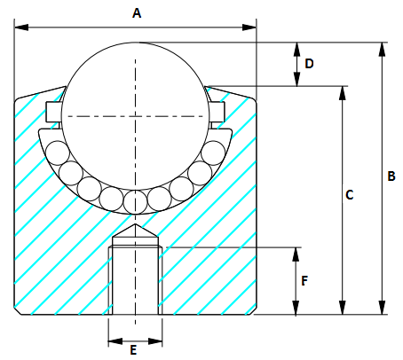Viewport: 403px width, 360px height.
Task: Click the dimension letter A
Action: tap(136, 12)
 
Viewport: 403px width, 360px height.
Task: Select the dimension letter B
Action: tap(391, 176)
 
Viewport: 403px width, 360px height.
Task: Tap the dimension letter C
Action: tap(349, 194)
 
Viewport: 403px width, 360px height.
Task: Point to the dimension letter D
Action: tap(309, 64)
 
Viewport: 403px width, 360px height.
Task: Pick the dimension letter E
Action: tap(134, 350)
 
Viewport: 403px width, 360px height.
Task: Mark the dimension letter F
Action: tap(304, 281)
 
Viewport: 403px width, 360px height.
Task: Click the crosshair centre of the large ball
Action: tap(136, 115)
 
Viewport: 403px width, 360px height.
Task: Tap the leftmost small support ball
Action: tap(59, 152)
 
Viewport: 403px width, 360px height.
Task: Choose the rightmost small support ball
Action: tap(212, 152)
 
